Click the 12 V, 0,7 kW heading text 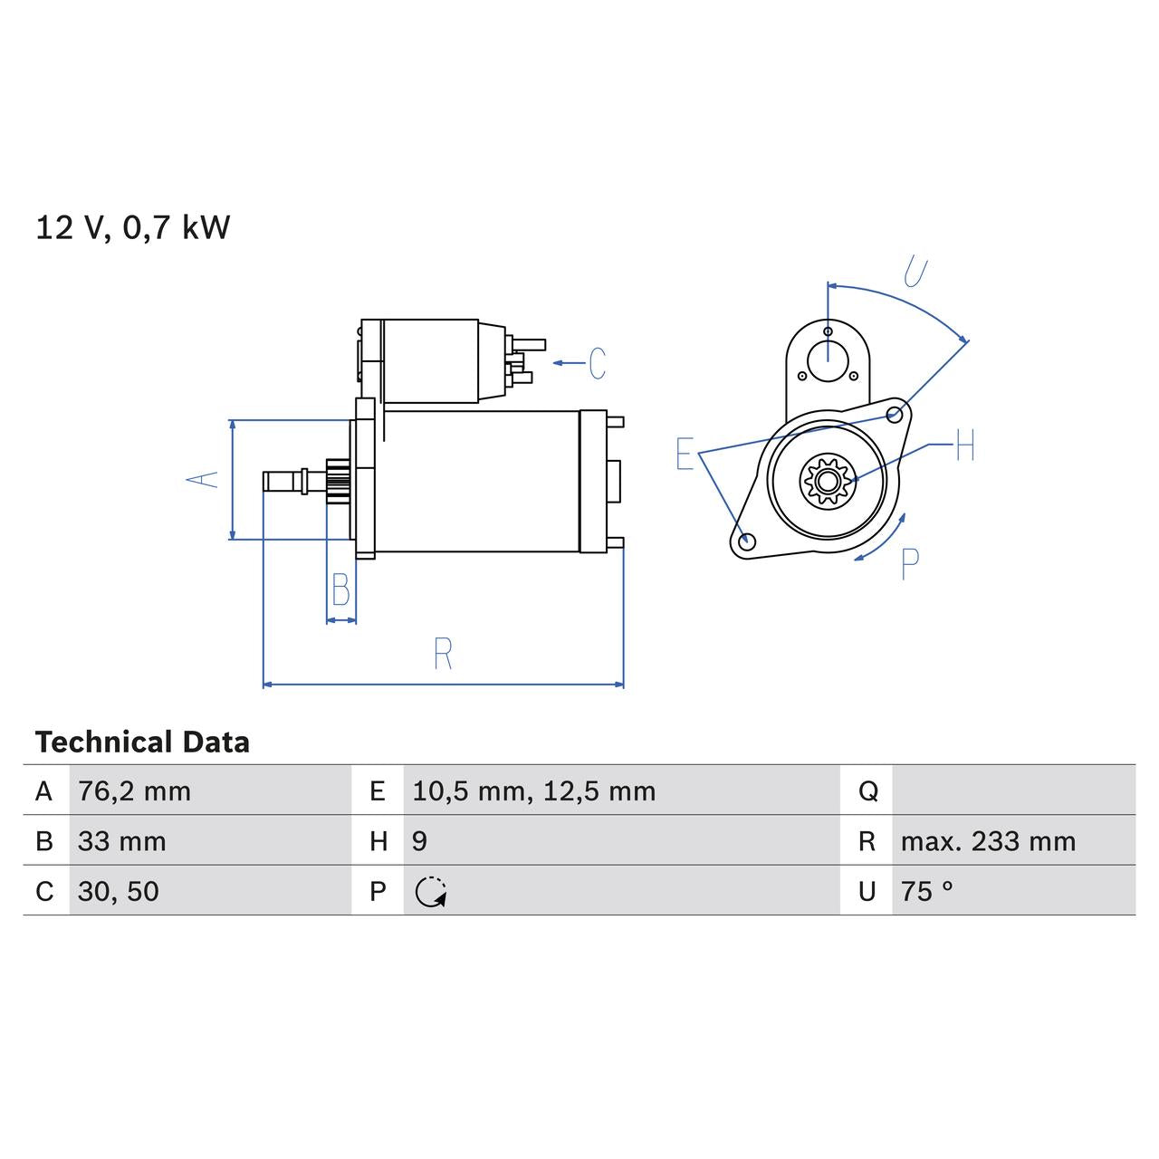click(133, 227)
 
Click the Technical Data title click(142, 742)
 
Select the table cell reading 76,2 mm click(134, 791)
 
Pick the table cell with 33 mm click(121, 841)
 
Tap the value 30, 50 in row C click(118, 891)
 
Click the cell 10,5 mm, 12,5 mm click(533, 791)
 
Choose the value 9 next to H click(419, 841)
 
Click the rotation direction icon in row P click(431, 892)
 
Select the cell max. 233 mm click(988, 841)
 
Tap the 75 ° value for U click(926, 891)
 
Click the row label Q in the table click(867, 791)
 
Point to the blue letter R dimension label click(443, 654)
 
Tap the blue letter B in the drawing click(340, 590)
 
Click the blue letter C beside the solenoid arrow click(597, 363)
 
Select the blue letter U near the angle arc click(915, 272)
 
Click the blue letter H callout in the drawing click(964, 445)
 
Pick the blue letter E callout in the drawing click(685, 454)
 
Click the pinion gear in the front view click(825, 480)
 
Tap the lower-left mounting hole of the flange click(746, 541)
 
